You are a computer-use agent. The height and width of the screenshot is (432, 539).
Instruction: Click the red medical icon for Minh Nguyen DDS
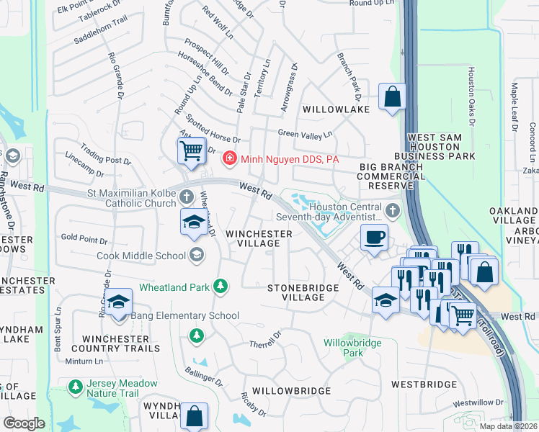click(x=230, y=157)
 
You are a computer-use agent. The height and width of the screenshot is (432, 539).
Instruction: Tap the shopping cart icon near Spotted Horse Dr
click(x=190, y=151)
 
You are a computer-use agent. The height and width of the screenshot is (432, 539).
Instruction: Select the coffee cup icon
click(x=373, y=238)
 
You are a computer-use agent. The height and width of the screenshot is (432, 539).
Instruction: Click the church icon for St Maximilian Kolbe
click(x=187, y=197)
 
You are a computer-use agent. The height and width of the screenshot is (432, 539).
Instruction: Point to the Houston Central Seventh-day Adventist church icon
click(x=392, y=211)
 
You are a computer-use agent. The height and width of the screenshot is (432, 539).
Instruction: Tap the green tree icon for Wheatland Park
click(x=220, y=287)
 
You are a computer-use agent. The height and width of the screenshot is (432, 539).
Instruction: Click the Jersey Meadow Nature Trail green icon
click(x=75, y=387)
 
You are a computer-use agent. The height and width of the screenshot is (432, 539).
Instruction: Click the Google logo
click(x=24, y=423)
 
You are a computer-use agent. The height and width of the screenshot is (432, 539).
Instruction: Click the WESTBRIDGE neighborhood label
click(x=424, y=385)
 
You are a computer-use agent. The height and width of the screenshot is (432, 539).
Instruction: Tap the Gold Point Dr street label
click(x=84, y=237)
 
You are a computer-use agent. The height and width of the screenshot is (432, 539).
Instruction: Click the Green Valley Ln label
click(x=306, y=133)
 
